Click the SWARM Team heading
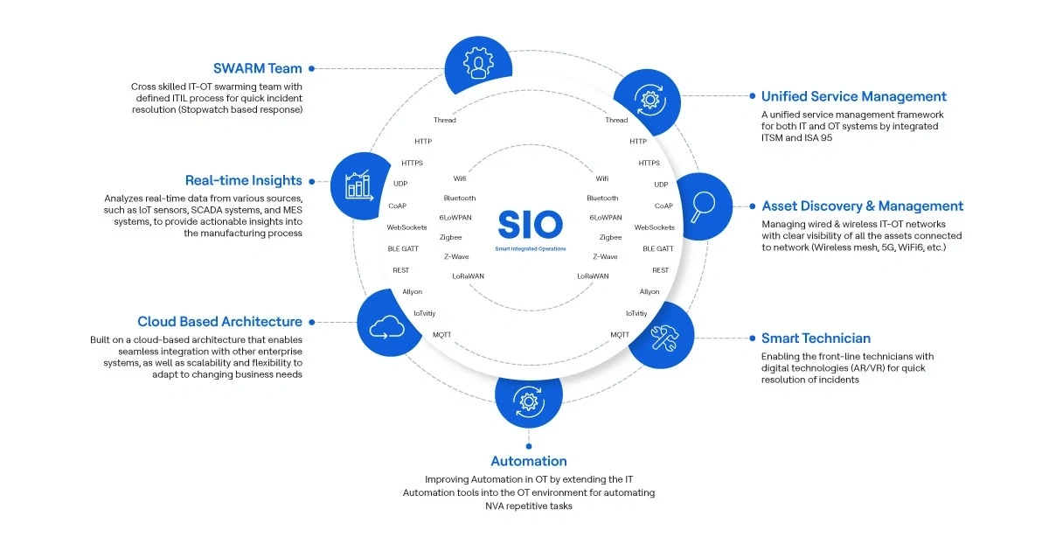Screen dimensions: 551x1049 [x=258, y=68]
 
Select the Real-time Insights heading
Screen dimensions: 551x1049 [x=244, y=181]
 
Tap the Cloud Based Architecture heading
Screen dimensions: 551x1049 [x=220, y=322]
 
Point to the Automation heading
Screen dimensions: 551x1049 [x=529, y=461]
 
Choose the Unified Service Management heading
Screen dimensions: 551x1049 [x=854, y=97]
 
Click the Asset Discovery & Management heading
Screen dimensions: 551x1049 [x=863, y=206]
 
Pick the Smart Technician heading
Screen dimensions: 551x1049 [x=816, y=338]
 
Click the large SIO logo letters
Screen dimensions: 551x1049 [x=530, y=224]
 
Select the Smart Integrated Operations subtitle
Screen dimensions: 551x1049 [x=530, y=249]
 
